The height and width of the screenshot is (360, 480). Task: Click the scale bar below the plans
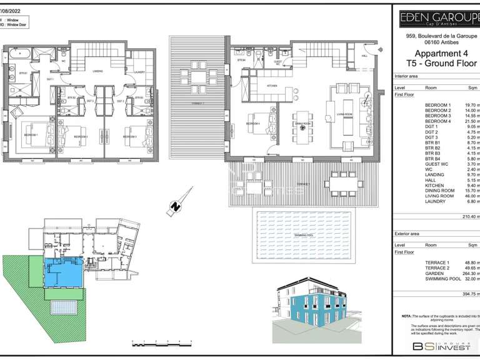[x=161, y=342]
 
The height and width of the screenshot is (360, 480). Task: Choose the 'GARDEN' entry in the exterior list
[x=434, y=273]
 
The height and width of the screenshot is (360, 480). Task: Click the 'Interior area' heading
[x=410, y=76]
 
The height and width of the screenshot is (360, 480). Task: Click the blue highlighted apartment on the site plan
[x=62, y=273]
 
